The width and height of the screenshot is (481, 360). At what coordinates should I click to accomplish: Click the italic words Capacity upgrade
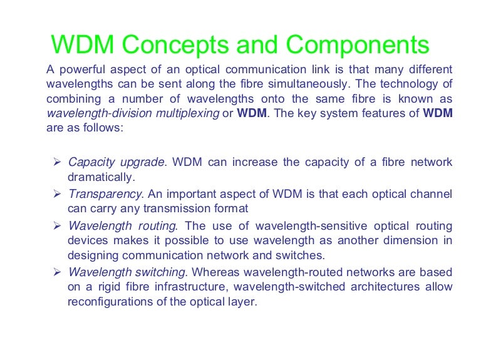tap(116, 163)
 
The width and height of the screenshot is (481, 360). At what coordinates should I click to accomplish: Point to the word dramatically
tap(101, 177)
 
